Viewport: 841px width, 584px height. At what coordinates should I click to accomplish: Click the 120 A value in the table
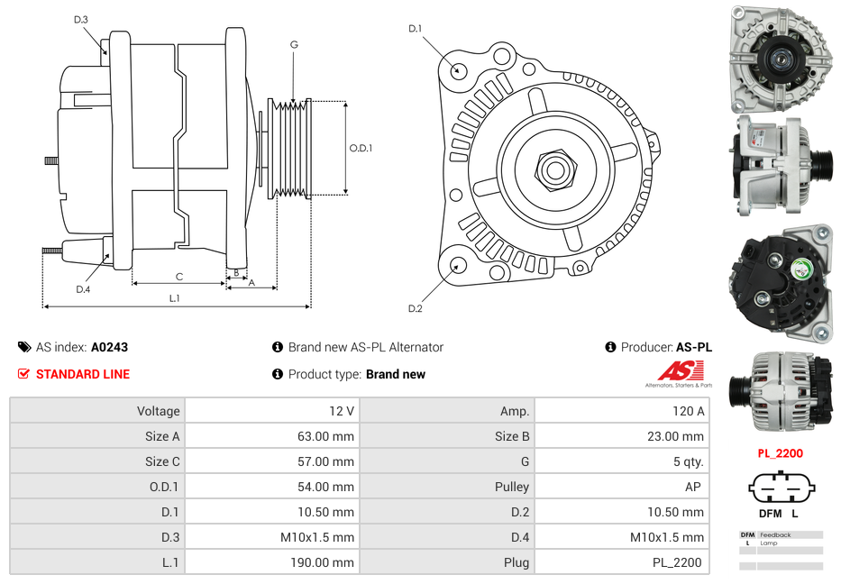[688, 411]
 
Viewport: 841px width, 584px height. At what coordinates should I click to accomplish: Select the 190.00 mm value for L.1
[328, 562]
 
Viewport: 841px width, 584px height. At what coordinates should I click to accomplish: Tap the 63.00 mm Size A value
[330, 436]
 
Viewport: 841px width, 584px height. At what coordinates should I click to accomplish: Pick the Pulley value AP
[694, 487]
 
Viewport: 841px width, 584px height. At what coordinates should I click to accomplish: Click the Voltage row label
[158, 411]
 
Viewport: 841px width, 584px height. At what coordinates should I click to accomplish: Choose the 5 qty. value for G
[687, 461]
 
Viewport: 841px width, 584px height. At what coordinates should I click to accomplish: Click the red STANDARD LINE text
[83, 374]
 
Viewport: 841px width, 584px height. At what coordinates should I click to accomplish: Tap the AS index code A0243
[109, 347]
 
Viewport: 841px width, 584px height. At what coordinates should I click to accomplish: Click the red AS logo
[681, 370]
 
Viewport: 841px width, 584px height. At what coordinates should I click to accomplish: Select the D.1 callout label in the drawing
[415, 29]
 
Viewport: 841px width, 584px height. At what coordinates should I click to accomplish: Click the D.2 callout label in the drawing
[415, 308]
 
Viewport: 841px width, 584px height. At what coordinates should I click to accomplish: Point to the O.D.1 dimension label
[361, 149]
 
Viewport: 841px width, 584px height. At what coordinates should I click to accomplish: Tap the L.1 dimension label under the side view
[175, 298]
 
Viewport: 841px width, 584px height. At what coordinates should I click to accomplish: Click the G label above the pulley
[294, 44]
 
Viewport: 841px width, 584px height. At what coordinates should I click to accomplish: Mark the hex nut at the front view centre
[554, 168]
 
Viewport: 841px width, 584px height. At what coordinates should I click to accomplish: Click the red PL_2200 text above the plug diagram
[780, 453]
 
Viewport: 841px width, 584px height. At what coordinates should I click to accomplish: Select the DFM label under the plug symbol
[770, 513]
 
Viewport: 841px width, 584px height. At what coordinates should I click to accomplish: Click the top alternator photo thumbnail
[781, 59]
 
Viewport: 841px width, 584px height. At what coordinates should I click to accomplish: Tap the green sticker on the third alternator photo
[800, 269]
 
